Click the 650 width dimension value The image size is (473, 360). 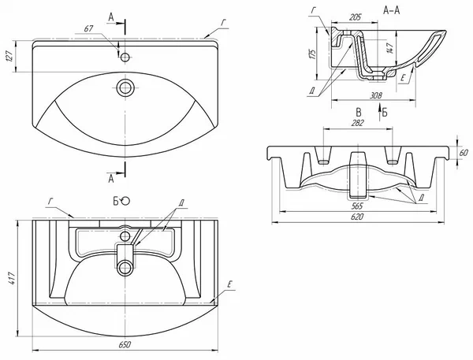pos(125,344)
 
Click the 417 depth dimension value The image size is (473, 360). pos(12,279)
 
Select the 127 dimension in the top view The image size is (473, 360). pos(9,56)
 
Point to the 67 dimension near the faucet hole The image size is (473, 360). pos(88,28)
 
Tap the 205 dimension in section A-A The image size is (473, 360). pos(355,17)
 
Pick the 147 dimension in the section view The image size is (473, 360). pos(389,48)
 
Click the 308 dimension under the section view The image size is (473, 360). pos(376,95)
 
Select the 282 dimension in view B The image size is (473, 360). pos(357,123)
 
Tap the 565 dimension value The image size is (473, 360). pos(357,206)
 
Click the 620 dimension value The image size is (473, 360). pos(357,217)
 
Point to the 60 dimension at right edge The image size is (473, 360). pos(464,153)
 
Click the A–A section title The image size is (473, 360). pos(391,10)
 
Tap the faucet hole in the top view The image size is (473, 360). pos(125,57)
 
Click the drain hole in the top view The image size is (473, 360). pos(125,87)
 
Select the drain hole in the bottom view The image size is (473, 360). pos(125,268)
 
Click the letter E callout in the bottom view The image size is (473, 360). pos(229,284)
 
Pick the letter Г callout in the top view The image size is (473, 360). pos(223,23)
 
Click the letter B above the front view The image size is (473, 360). pos(359,113)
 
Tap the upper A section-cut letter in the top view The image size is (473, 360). pos(111,18)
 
